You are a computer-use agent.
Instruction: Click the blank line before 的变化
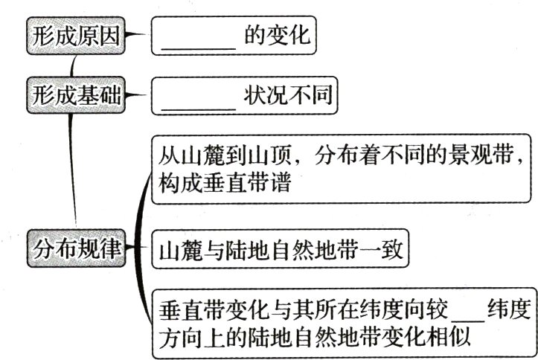click(198, 37)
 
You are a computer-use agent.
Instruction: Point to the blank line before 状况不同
click(198, 97)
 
